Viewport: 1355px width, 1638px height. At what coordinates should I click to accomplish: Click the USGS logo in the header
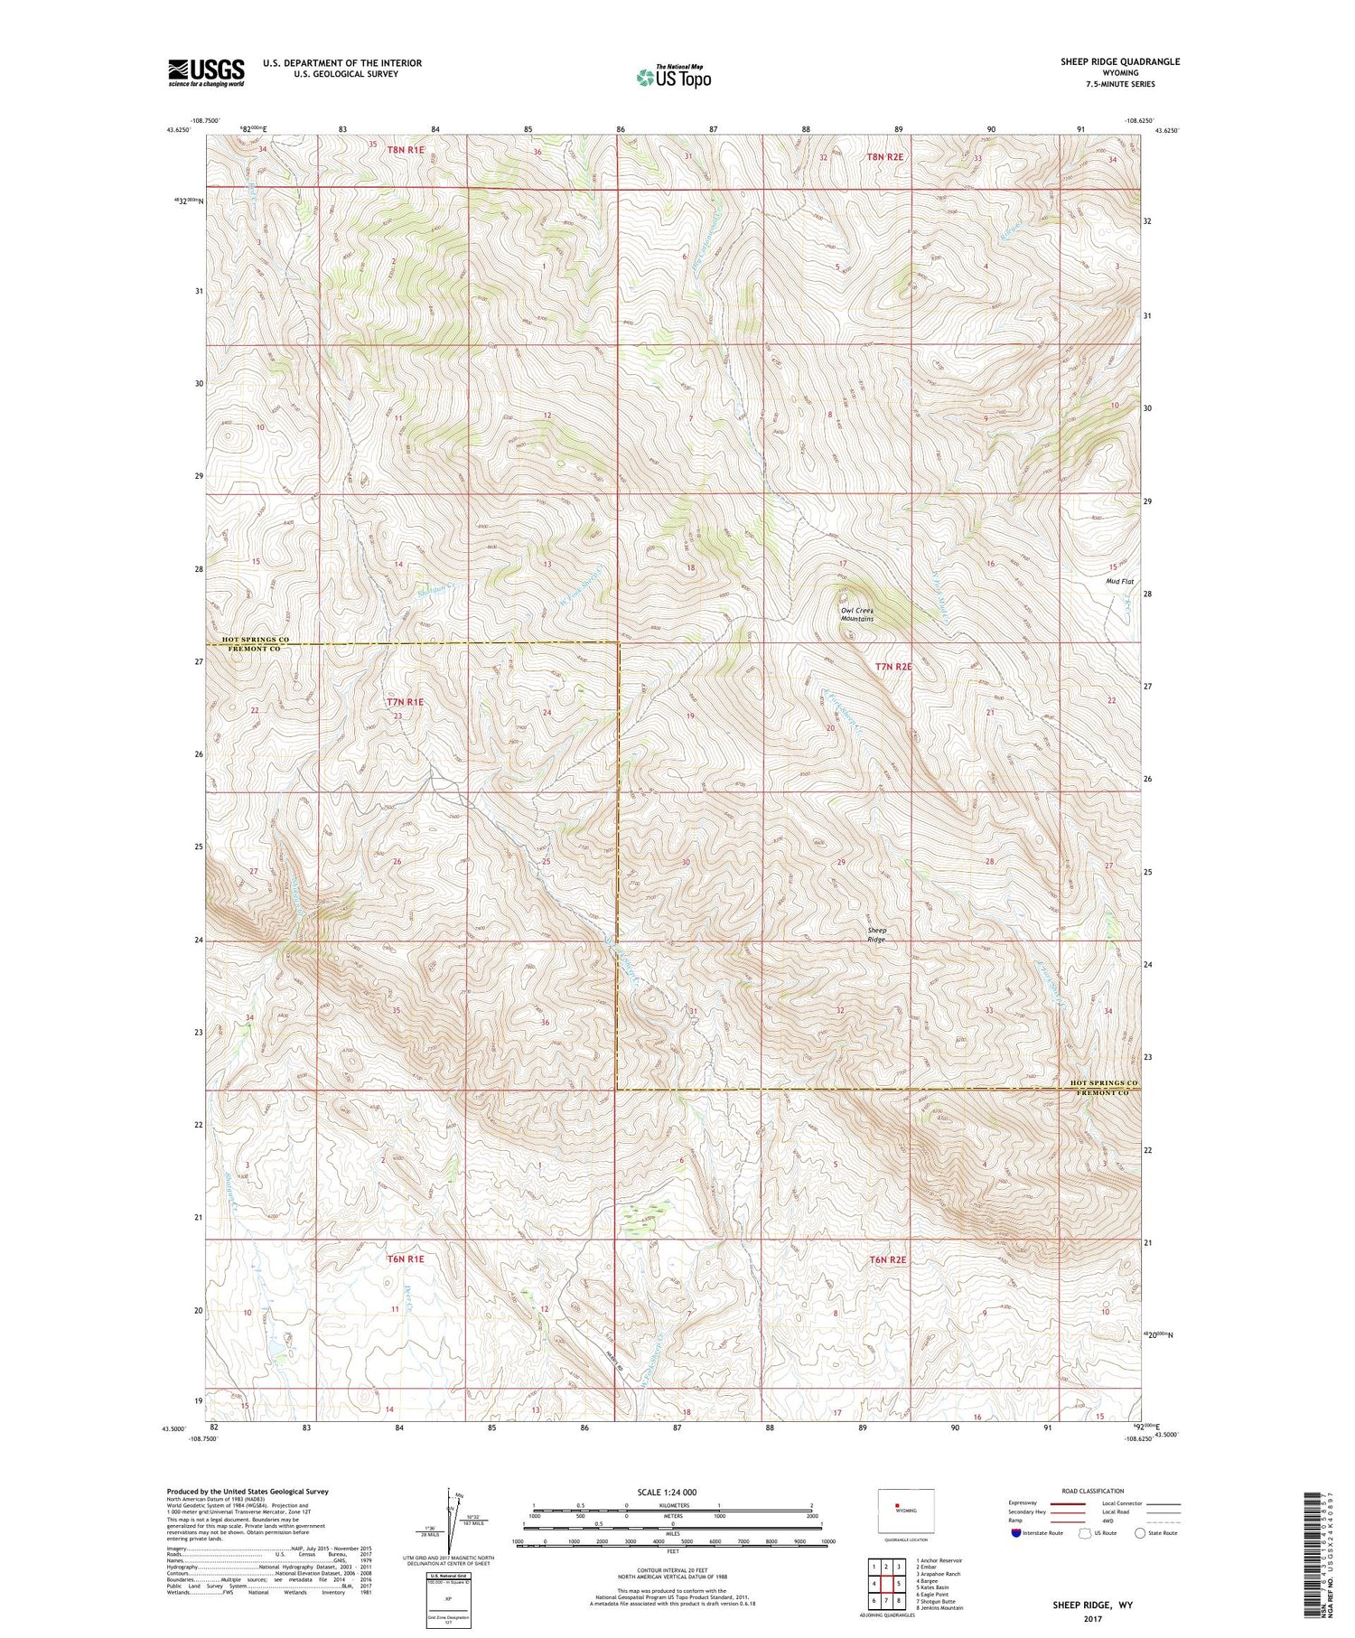(x=206, y=72)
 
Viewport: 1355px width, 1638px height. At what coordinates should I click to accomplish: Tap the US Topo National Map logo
(x=673, y=78)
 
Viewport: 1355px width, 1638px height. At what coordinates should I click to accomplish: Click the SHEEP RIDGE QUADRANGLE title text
(x=1120, y=61)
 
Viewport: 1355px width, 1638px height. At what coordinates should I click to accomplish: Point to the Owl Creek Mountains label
(x=856, y=614)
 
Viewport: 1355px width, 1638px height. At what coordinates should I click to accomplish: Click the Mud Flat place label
(x=1119, y=582)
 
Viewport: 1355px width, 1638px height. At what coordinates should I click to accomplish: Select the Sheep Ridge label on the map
(x=876, y=934)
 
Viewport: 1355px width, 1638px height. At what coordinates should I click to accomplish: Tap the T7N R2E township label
(x=893, y=667)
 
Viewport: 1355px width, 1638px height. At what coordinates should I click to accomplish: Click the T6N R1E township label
(x=405, y=1258)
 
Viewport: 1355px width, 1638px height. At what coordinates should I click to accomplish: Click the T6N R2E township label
(x=887, y=1259)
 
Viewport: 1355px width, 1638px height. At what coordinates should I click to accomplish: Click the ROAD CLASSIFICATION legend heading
(x=1093, y=1491)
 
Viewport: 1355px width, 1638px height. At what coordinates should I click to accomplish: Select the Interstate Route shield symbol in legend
(x=1016, y=1533)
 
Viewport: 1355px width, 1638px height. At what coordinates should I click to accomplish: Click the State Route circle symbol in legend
(x=1140, y=1533)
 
